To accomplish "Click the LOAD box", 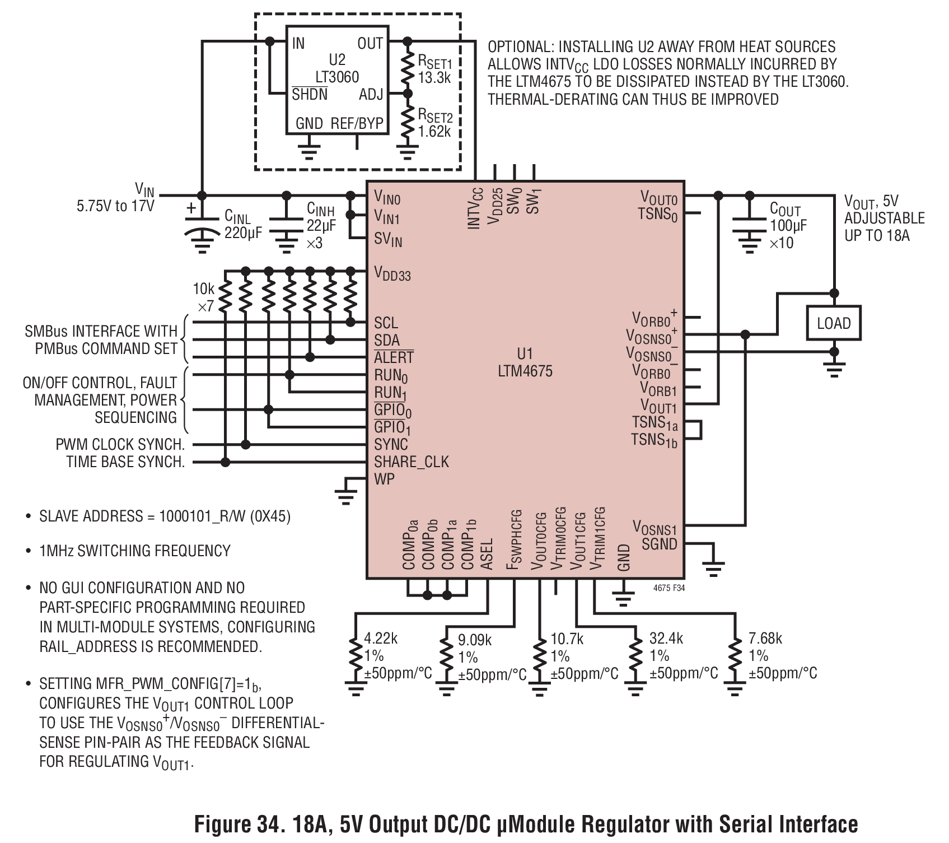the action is tap(833, 323).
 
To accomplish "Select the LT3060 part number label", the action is tap(337, 77).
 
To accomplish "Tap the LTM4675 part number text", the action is tap(525, 371).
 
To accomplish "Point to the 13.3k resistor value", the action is tap(434, 77).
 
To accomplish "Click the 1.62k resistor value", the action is tap(434, 132).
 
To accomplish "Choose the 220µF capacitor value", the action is tap(244, 232).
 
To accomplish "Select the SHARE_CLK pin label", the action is tap(412, 462).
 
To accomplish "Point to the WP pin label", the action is tap(385, 479).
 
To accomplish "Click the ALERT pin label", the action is tap(394, 357).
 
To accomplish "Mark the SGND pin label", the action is tap(660, 544).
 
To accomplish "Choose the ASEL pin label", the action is tap(487, 555).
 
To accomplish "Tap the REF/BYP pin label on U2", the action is tap(357, 124).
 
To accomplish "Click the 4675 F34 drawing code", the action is tap(669, 589).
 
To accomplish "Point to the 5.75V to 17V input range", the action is tap(115, 206).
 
